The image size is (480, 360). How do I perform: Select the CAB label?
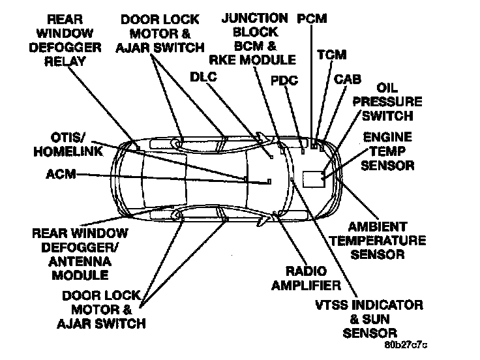click(348, 80)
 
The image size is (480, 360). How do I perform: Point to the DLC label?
click(203, 76)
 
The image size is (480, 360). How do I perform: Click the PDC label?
click(286, 81)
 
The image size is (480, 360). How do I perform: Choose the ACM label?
click(62, 174)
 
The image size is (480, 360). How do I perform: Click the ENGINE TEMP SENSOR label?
click(387, 151)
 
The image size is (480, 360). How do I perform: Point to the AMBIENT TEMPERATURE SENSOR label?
click(378, 241)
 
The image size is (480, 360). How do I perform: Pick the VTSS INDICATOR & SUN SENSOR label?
click(378, 319)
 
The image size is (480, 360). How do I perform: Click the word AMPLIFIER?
click(306, 286)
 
